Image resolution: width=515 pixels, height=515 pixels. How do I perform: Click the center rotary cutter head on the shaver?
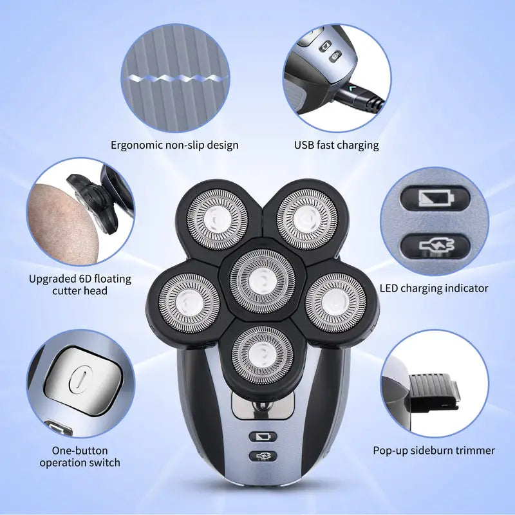pyautogui.click(x=262, y=281)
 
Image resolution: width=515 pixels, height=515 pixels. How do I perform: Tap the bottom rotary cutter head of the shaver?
pyautogui.click(x=263, y=355)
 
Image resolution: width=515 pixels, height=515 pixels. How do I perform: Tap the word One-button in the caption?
pyautogui.click(x=80, y=450)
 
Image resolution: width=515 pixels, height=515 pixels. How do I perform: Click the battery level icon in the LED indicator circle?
pyautogui.click(x=436, y=198)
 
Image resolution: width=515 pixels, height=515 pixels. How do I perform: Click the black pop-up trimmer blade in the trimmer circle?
pyautogui.click(x=434, y=391)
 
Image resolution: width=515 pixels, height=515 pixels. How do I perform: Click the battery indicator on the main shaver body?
pyautogui.click(x=263, y=437)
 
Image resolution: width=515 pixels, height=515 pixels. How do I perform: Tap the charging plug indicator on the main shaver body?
pyautogui.click(x=263, y=456)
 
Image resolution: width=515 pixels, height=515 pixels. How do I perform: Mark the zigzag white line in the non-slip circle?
pyautogui.click(x=174, y=79)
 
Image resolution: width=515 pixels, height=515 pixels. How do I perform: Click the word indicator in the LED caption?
pyautogui.click(x=466, y=288)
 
